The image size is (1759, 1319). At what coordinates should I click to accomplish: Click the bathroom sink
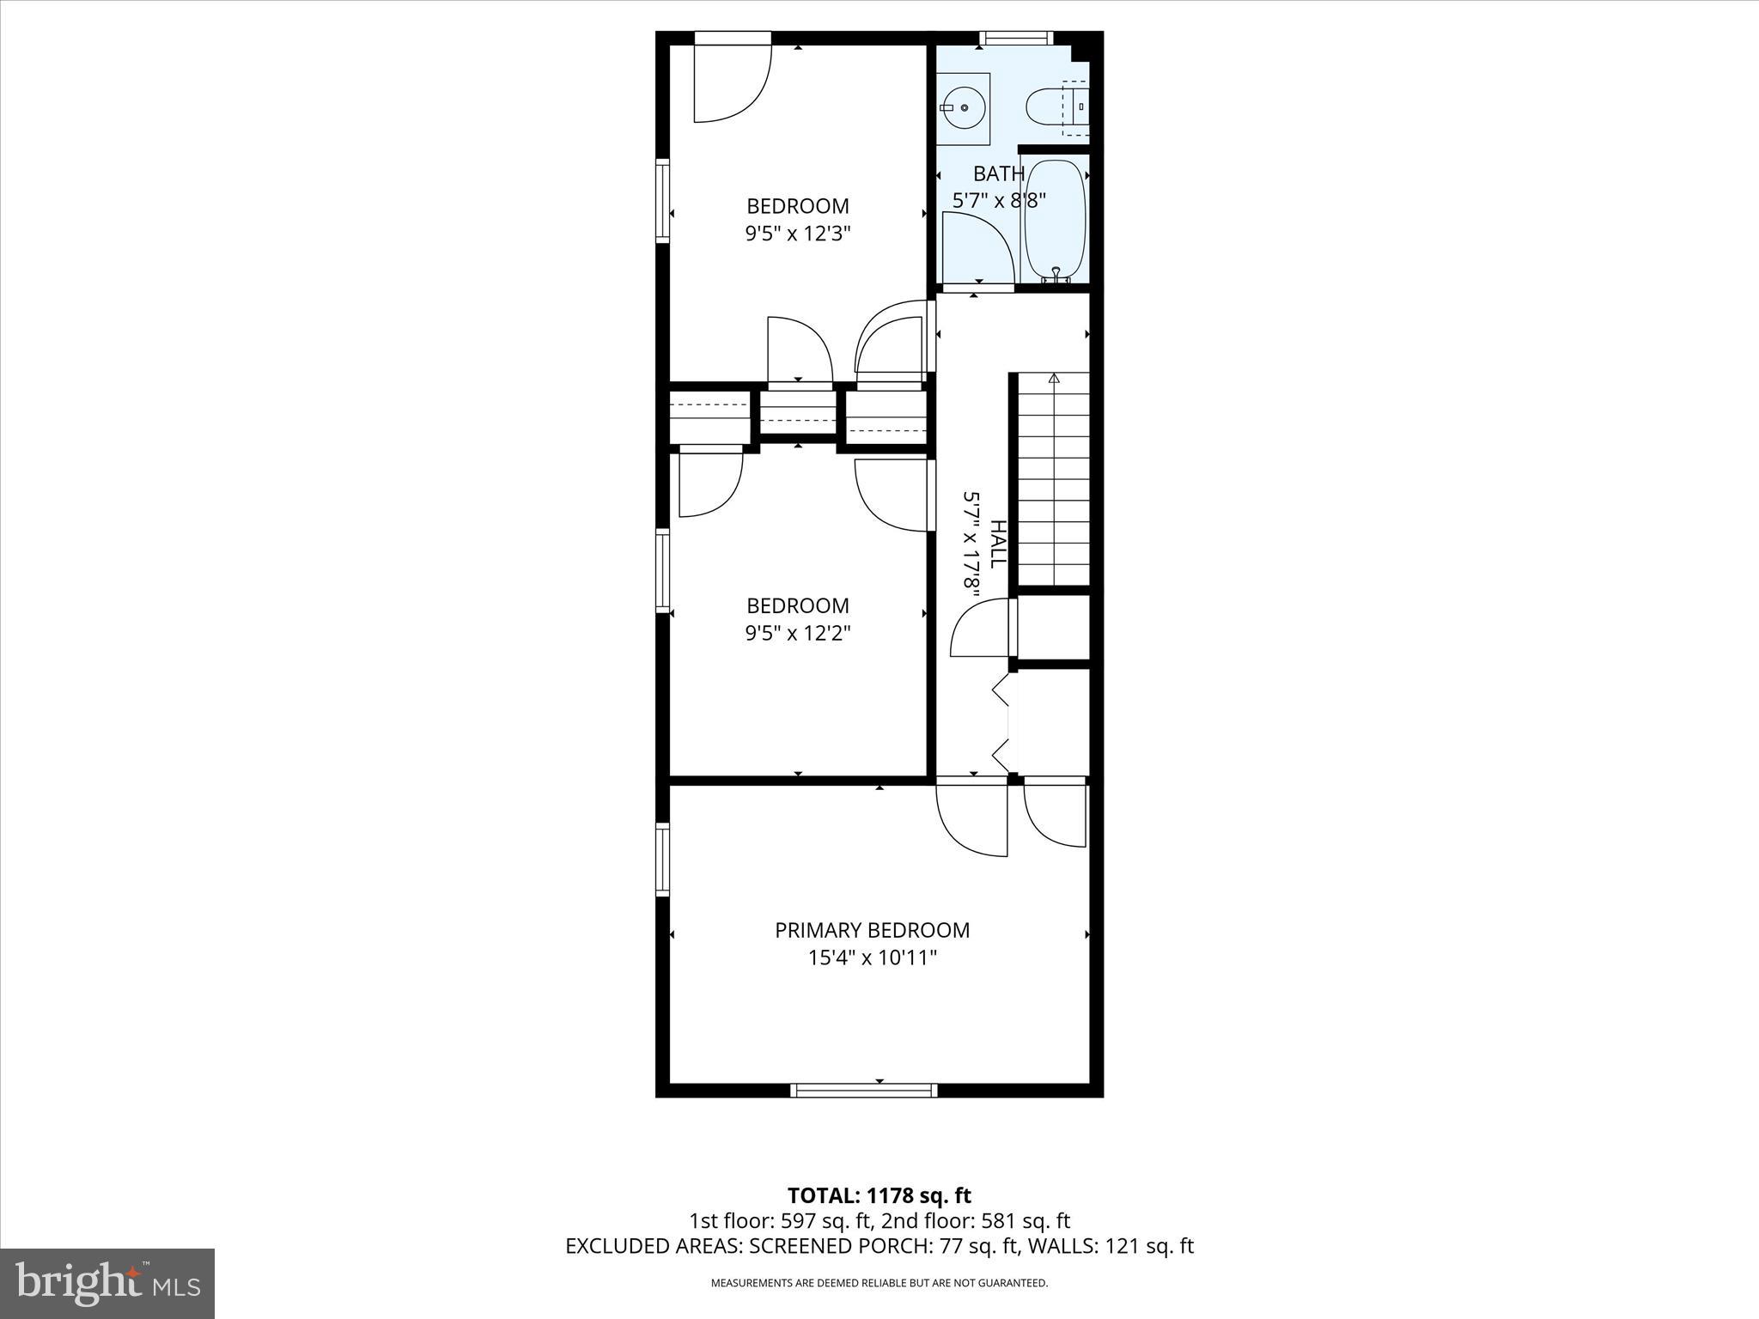pos(963,108)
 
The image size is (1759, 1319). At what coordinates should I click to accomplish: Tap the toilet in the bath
pos(1050,107)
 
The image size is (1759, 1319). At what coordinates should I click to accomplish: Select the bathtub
pos(1055,218)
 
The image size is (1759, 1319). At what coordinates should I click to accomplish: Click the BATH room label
pos(998,173)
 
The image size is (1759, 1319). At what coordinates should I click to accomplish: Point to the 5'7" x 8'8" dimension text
pos(998,201)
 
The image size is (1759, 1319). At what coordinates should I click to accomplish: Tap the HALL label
pos(997,544)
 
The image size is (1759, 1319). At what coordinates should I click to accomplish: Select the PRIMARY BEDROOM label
pos(872,930)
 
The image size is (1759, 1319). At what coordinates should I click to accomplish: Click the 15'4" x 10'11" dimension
pos(872,957)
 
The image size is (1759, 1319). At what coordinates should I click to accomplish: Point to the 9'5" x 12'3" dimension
pos(797,234)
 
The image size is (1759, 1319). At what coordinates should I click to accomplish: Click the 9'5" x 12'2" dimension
pos(797,633)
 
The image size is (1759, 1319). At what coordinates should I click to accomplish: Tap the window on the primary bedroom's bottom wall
pos(863,1090)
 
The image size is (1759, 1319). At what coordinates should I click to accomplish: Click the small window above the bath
pos(1016,38)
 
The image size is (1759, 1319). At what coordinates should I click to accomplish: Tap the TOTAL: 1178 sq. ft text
pos(879,1195)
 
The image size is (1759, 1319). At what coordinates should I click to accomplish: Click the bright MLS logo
pos(107,1283)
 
